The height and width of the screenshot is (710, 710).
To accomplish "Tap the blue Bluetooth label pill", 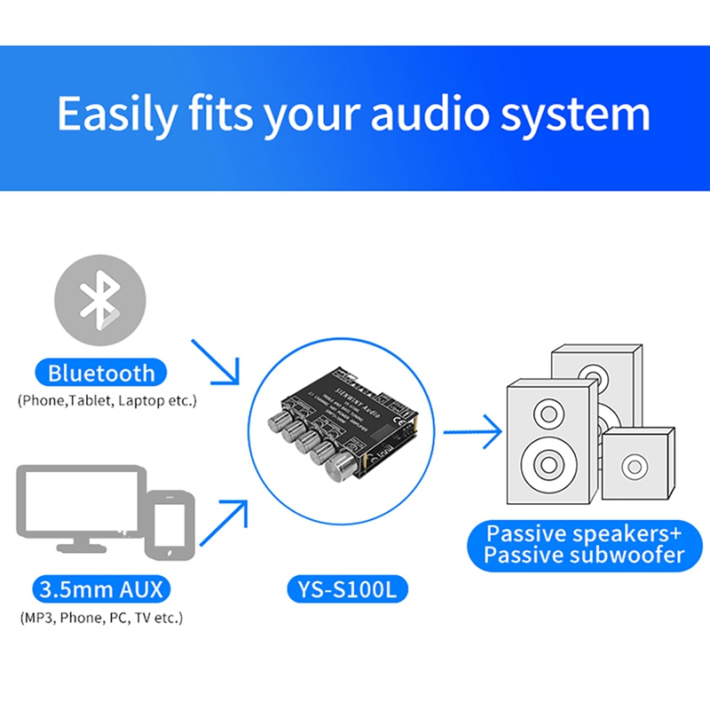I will click(x=101, y=373).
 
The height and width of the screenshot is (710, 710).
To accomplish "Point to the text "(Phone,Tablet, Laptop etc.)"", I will click(x=106, y=401).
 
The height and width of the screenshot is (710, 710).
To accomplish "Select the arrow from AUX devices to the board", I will click(x=222, y=524).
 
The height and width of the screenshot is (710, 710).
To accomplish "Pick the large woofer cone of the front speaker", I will click(x=544, y=463).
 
